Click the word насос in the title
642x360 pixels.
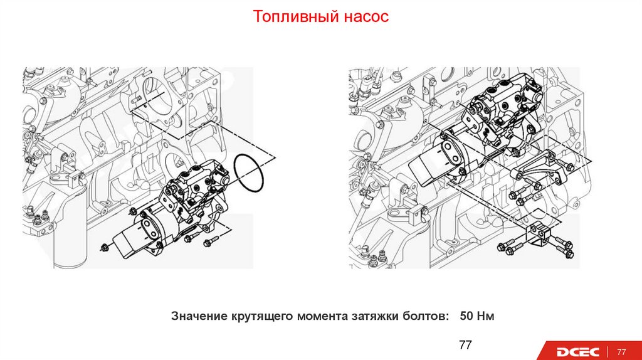pyautogui.click(x=366, y=16)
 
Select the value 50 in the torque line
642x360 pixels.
pyautogui.click(x=466, y=315)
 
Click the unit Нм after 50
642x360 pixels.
pyautogui.click(x=486, y=315)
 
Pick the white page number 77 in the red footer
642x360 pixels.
pyautogui.click(x=623, y=351)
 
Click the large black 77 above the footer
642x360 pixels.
pyautogui.click(x=465, y=345)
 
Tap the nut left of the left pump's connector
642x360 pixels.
pyautogui.click(x=104, y=247)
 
